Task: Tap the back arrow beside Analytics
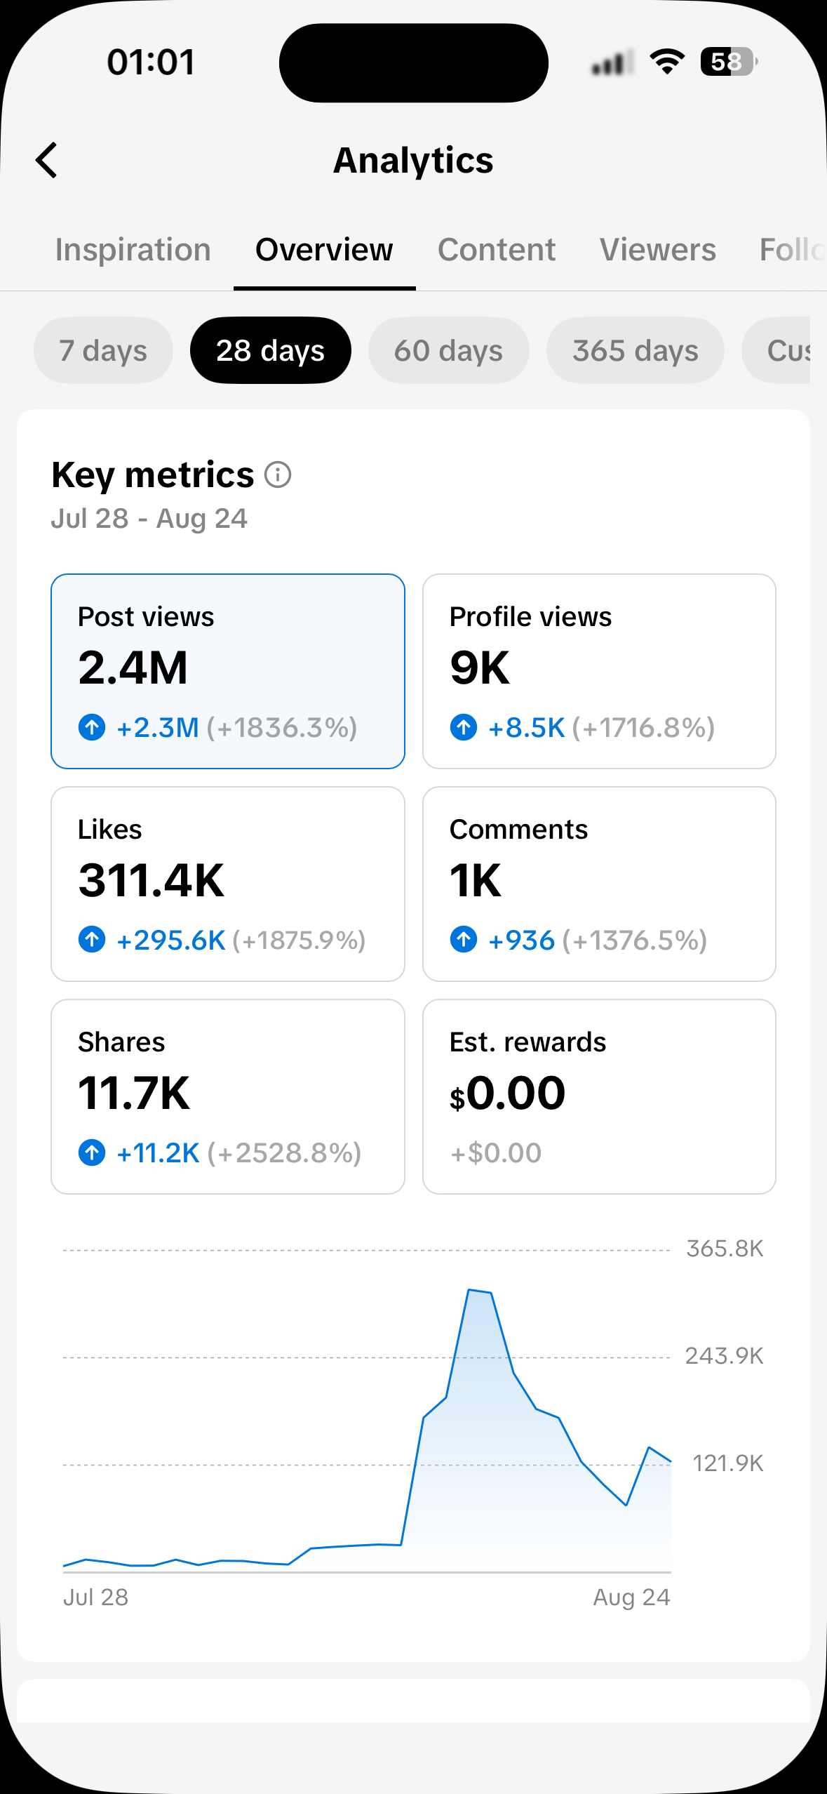click(46, 160)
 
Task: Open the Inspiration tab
click(133, 250)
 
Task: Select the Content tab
click(497, 250)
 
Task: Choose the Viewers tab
click(658, 250)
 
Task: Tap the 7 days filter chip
click(103, 350)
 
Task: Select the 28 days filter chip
click(271, 350)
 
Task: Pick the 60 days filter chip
click(449, 350)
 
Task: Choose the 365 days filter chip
click(636, 350)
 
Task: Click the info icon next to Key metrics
click(278, 474)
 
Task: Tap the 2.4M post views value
click(133, 667)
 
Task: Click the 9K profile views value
click(480, 667)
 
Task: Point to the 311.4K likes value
click(152, 880)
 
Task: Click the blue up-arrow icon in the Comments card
click(464, 939)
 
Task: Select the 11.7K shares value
click(134, 1093)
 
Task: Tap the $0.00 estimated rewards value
click(508, 1094)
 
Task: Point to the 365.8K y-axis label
click(725, 1249)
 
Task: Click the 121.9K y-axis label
click(728, 1463)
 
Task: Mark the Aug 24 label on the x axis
click(632, 1597)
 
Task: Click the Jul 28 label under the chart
click(96, 1597)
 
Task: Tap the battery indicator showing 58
click(728, 62)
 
